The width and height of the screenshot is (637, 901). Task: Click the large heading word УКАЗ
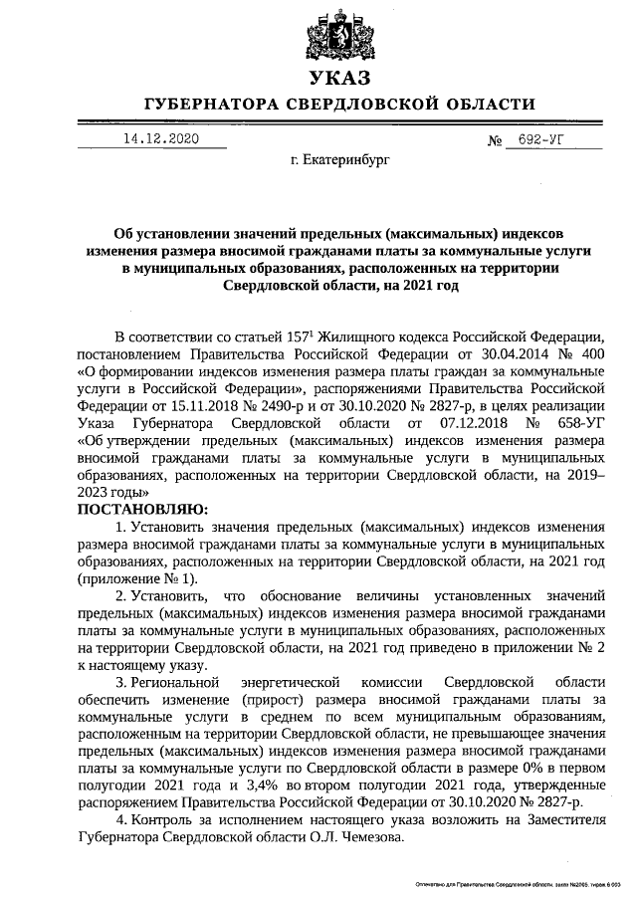coord(339,78)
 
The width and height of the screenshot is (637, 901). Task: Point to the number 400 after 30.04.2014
coord(591,354)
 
